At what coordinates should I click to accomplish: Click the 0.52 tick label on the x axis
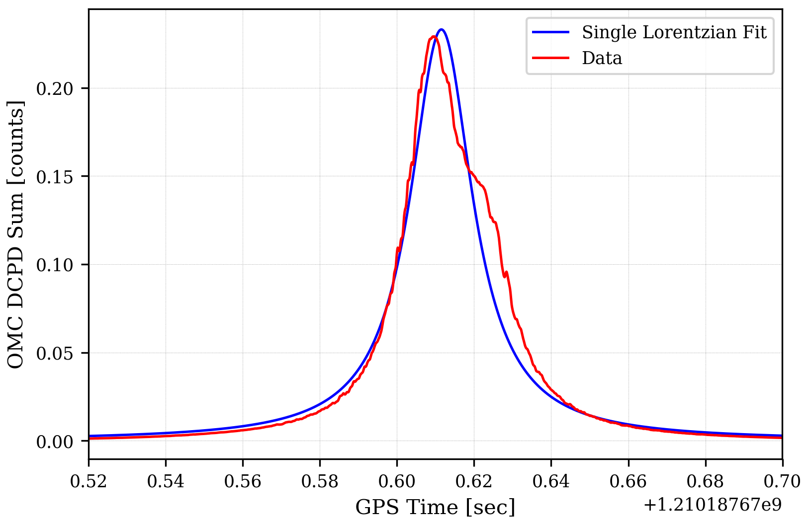[x=89, y=482]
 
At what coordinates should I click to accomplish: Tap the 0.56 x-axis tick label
[x=243, y=482]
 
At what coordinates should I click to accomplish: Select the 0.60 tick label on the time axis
[x=397, y=482]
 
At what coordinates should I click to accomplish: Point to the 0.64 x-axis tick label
[x=551, y=482]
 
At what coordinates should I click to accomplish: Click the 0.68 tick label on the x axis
[x=705, y=482]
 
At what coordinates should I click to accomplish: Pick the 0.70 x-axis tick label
[x=782, y=482]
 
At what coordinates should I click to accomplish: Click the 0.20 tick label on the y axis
[x=55, y=89]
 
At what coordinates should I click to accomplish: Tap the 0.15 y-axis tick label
[x=55, y=177]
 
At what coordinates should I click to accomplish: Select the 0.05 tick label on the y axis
[x=55, y=354]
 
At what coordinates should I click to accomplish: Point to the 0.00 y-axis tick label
[x=55, y=442]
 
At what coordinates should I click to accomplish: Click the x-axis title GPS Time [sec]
[x=435, y=508]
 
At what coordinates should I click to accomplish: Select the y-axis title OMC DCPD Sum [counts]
[x=16, y=234]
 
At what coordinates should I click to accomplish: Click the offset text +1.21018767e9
[x=713, y=505]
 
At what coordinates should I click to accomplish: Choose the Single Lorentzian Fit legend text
[x=674, y=33]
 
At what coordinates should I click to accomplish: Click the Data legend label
[x=602, y=59]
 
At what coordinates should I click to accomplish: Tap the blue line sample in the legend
[x=550, y=33]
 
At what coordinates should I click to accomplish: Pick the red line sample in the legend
[x=550, y=59]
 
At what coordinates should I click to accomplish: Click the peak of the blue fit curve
[x=441, y=29]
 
